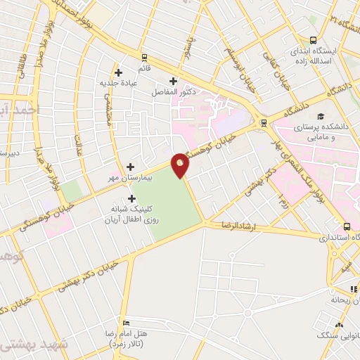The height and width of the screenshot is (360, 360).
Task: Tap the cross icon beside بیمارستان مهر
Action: pos(131,167)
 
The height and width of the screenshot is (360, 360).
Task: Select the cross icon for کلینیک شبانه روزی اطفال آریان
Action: pos(132,198)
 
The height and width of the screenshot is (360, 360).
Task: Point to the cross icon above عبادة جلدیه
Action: pos(118,72)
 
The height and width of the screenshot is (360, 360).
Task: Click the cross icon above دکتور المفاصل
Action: pos(174,81)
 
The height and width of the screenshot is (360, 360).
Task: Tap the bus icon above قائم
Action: pos(144,58)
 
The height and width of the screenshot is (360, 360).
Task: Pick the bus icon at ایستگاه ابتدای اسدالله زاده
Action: pos(313,41)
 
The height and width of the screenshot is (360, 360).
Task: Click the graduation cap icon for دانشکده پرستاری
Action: pos(320,116)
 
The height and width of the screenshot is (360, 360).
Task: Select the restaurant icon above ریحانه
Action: pos(353,289)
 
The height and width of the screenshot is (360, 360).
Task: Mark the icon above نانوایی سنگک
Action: pos(339,324)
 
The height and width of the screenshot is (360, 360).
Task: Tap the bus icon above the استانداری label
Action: pos(347,227)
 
